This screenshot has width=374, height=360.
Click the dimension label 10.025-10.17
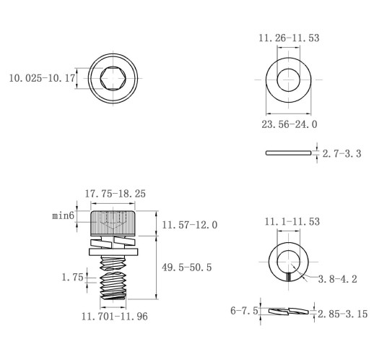42,78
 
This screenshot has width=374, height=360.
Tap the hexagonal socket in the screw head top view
113,79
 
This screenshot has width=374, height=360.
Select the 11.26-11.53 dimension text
289,38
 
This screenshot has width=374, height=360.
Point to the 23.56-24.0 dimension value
290,124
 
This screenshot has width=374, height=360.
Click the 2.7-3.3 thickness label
342,153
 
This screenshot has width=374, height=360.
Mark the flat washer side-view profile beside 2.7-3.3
288,153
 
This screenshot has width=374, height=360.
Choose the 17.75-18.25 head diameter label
116,194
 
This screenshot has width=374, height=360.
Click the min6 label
64,215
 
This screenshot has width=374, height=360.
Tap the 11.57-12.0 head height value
190,225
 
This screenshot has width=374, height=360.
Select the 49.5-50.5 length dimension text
187,267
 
